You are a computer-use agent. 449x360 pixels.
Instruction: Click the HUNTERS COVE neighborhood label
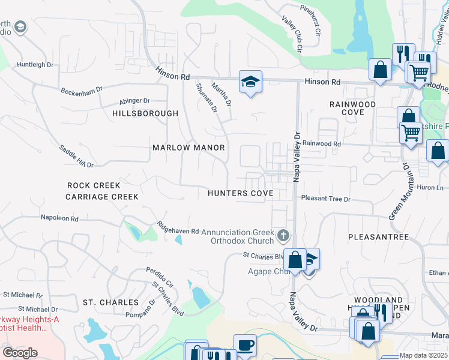(241, 193)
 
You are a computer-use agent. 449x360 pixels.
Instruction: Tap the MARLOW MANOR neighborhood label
(188, 148)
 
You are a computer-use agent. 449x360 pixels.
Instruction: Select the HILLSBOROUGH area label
(145, 113)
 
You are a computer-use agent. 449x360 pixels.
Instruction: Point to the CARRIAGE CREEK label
(102, 197)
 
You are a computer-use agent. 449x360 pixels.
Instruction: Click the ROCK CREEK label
(94, 185)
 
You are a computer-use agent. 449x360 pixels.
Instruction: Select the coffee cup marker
(245, 345)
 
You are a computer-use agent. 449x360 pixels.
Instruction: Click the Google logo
(20, 353)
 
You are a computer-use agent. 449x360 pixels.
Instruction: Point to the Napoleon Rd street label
(59, 218)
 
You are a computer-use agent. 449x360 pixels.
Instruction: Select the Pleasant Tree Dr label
(325, 198)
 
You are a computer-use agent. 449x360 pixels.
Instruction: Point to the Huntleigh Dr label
(35, 64)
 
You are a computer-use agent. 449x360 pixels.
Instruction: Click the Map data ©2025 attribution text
(424, 355)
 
